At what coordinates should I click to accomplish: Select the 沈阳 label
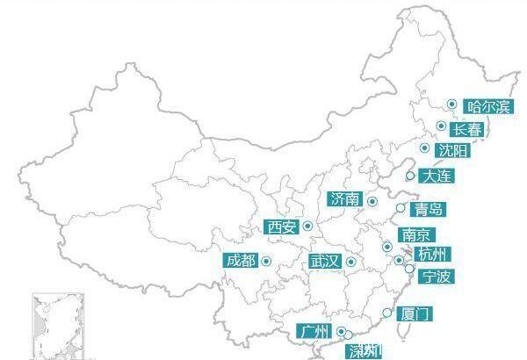coord(453,151)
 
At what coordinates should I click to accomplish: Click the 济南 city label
coord(344,199)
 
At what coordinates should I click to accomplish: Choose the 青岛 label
coord(430,209)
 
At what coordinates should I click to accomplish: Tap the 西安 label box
coord(282,227)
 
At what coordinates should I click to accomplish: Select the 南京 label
coord(415,235)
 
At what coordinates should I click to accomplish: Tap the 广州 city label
coord(314,332)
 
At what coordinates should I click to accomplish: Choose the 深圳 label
coord(364,351)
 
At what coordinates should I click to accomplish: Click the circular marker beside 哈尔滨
coord(451,104)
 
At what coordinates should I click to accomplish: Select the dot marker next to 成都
coord(265,260)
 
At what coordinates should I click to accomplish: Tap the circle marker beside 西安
coord(308,227)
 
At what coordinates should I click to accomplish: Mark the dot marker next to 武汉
coord(350,262)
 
